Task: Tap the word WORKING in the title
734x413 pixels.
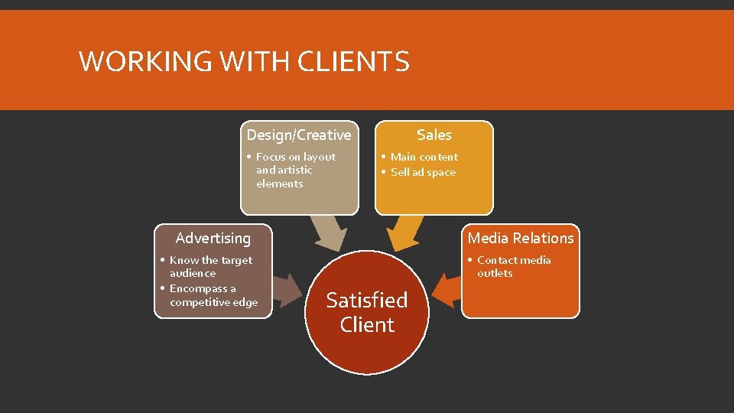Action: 135,61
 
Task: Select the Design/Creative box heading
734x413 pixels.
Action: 299,135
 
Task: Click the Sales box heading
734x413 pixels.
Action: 434,135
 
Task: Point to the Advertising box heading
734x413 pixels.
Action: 213,239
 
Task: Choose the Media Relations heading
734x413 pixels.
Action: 521,239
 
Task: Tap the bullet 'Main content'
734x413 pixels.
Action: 424,157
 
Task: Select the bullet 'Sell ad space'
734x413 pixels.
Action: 423,172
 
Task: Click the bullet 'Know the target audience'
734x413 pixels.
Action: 210,266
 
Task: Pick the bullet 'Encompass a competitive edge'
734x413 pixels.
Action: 213,295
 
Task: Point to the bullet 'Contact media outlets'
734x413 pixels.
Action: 513,266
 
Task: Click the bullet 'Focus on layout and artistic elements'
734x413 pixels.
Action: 295,170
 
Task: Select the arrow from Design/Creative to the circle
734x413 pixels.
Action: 329,233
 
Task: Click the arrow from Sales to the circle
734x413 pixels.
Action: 404,233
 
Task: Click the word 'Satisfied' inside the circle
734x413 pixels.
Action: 367,301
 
